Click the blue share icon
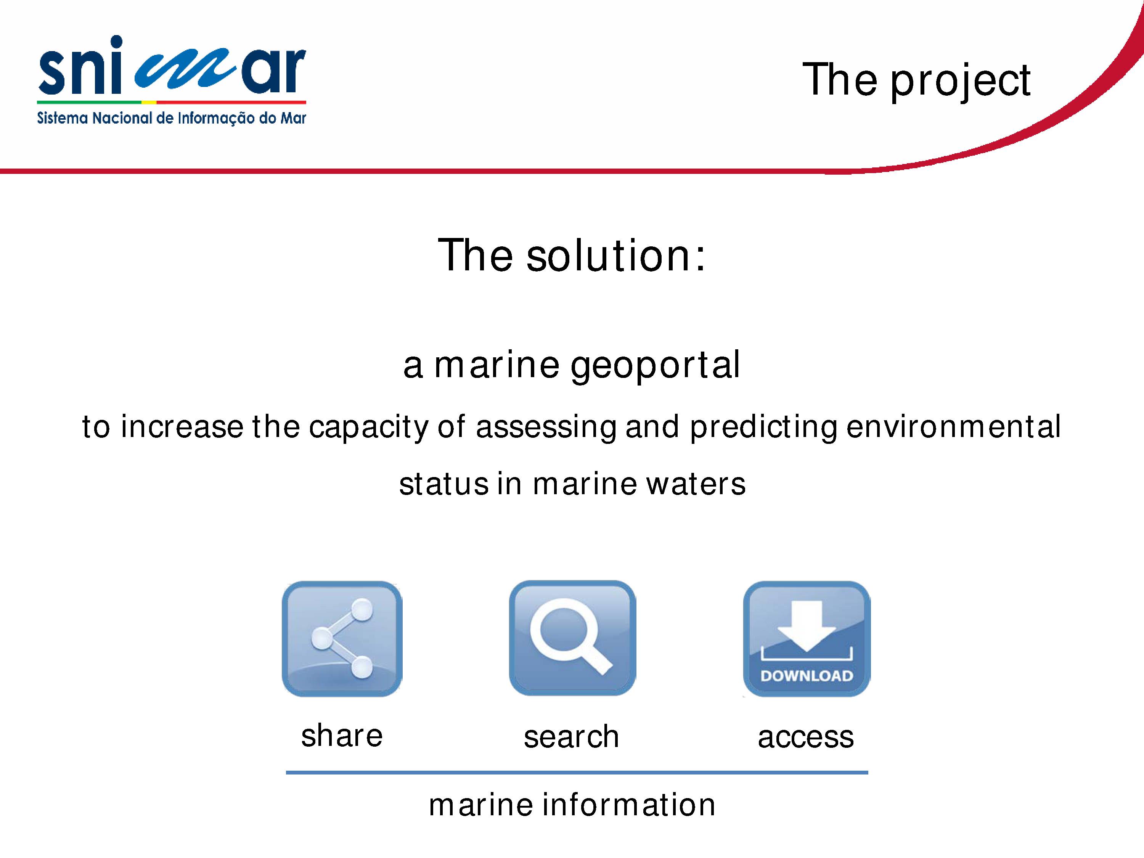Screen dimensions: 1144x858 [342, 639]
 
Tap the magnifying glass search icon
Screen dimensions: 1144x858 [572, 638]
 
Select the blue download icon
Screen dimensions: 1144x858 [807, 639]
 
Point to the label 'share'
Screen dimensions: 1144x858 [342, 736]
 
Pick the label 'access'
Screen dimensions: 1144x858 [806, 737]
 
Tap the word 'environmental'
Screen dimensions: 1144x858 [954, 427]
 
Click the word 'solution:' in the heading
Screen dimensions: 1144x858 [616, 255]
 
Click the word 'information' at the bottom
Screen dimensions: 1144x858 [628, 805]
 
